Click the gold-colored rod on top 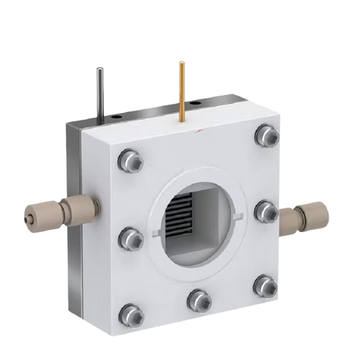(182, 90)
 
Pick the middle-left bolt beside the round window (131, 239)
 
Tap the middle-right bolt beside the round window (264, 210)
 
